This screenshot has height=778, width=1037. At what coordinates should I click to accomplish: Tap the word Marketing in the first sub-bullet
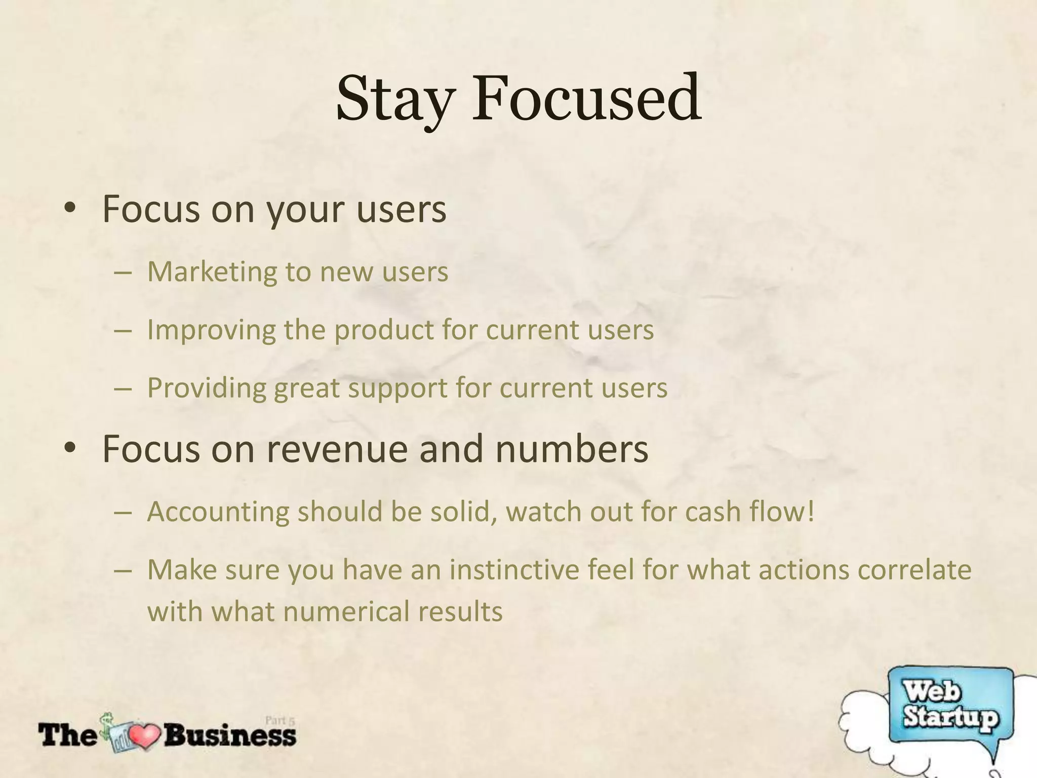211,272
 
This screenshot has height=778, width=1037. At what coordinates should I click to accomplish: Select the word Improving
211,330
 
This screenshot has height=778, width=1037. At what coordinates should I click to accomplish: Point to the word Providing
207,388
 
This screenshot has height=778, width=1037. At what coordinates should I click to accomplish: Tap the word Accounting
218,512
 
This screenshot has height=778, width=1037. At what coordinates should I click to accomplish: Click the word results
460,611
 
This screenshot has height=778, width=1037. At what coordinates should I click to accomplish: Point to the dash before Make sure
123,570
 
